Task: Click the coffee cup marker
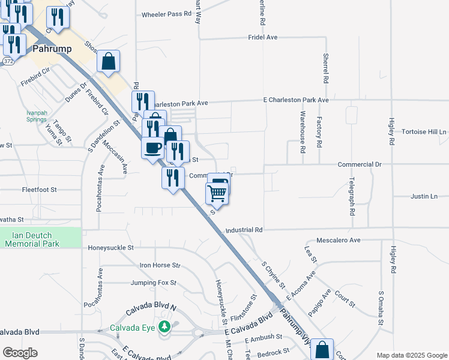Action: click(x=152, y=147)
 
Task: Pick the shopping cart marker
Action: click(x=217, y=193)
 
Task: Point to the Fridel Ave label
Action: click(x=262, y=37)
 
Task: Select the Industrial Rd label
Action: click(x=244, y=230)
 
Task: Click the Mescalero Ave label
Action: click(x=337, y=240)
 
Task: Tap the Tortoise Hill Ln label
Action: click(x=424, y=132)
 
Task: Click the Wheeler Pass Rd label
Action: click(x=161, y=14)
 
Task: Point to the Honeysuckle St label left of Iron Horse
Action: click(x=110, y=247)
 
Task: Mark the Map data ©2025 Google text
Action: click(x=412, y=355)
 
